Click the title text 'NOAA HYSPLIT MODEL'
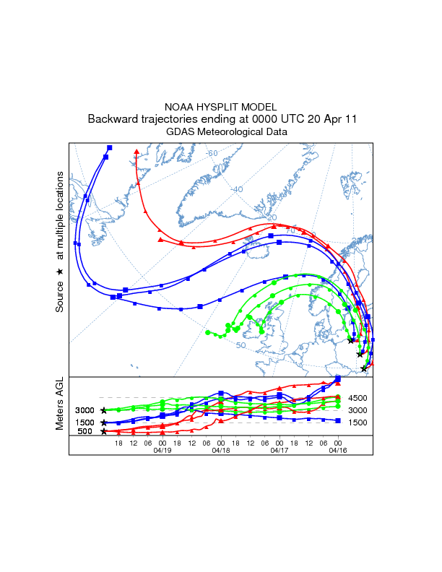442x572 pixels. click(221, 106)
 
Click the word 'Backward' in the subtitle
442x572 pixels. click(110, 119)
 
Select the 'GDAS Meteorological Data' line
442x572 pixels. click(221, 132)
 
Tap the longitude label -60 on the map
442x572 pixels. click(212, 153)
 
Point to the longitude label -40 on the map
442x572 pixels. click(237, 189)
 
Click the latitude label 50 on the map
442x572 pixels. click(240, 345)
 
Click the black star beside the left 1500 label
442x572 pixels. click(104, 422)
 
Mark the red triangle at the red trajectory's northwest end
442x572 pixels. click(136, 152)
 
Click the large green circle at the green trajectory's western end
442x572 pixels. click(207, 333)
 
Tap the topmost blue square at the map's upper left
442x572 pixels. click(109, 147)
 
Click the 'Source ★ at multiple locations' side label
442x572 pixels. click(60, 242)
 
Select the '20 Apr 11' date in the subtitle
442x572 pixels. click(329, 119)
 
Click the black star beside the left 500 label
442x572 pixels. click(104, 432)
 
